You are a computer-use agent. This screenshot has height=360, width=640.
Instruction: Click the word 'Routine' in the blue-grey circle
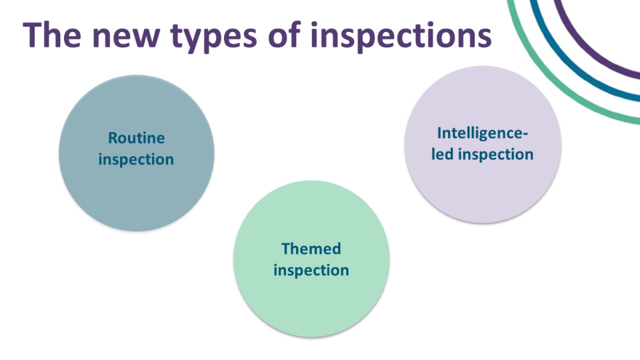click(x=136, y=138)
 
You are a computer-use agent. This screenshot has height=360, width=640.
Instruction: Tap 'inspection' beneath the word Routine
click(x=136, y=159)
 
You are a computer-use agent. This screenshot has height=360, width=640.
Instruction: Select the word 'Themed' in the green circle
click(x=311, y=248)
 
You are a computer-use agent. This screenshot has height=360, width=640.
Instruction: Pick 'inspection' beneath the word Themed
click(x=311, y=270)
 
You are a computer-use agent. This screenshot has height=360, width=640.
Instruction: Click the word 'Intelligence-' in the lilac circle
click(x=482, y=133)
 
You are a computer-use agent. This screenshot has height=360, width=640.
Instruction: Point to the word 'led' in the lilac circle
click(x=442, y=154)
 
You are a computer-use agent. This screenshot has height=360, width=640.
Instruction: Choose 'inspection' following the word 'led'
click(x=495, y=154)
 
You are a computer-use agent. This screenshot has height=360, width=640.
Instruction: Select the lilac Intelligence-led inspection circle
click(x=482, y=190)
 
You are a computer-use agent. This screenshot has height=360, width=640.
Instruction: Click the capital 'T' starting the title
click(x=33, y=35)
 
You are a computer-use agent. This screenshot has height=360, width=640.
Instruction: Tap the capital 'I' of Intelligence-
click(x=439, y=133)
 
